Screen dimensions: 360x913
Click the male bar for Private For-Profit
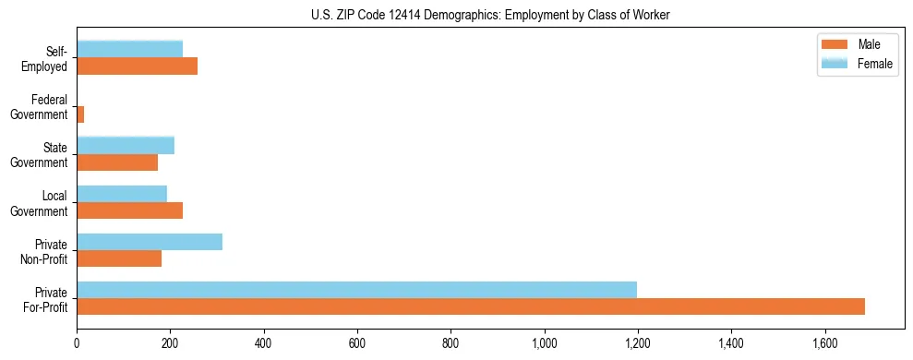[471, 306]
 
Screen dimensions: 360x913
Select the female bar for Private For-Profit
[356, 290]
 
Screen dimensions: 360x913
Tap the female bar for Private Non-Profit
[150, 242]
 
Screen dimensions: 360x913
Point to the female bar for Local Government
[122, 194]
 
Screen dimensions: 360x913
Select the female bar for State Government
[126, 146]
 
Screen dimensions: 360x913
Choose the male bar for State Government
[117, 162]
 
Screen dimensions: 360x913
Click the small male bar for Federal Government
[80, 114]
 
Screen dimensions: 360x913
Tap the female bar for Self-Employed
[129, 49]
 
